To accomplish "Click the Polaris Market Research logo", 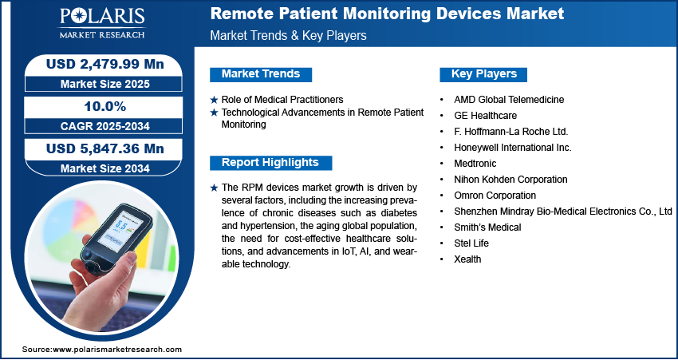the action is point(102,22).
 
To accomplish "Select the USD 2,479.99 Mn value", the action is point(105,64).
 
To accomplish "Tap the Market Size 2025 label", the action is point(105,84).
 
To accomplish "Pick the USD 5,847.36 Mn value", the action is point(105,148).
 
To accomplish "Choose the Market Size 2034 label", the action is point(105,168).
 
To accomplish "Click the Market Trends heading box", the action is point(261,74).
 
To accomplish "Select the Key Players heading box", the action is point(483,74).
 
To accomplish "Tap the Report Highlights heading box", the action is point(270,163).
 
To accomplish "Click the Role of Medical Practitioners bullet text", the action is point(282,100).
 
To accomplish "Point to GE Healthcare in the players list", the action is point(485,116).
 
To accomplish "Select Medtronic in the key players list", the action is point(475,164).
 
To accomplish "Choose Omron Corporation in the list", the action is point(495,196).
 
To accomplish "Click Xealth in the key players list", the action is point(467,259).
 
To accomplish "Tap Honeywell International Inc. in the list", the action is point(513,148).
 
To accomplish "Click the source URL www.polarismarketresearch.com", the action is point(117,349).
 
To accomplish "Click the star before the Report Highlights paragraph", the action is point(214,188).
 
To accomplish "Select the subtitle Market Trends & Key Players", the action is point(288,35).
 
